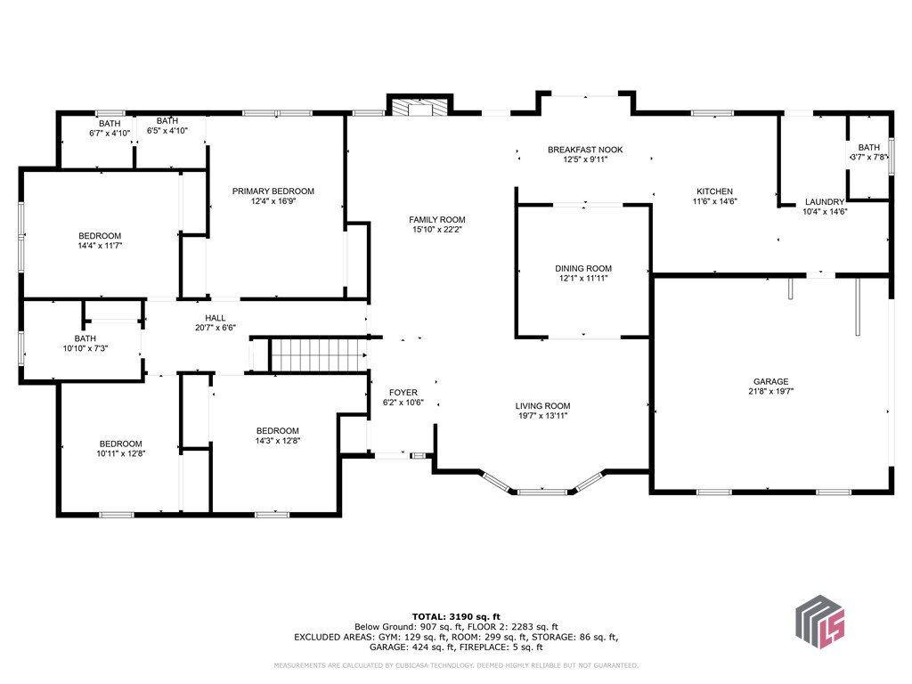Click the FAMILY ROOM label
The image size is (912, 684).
436,220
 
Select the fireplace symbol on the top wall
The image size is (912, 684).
419,108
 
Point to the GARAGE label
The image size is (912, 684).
770,381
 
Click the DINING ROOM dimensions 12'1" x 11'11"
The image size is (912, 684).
583,279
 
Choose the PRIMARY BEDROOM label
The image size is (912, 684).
273,191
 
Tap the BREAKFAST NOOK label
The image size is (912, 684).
585,150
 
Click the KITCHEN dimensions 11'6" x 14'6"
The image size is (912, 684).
714,201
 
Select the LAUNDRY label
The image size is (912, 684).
824,202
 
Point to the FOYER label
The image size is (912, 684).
403,392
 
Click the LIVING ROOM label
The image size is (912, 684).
543,405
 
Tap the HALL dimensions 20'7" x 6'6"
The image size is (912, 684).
216,328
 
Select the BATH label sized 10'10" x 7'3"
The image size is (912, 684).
85,338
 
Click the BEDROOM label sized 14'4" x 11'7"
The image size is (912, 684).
99,236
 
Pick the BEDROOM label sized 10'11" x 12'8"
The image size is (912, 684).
120,444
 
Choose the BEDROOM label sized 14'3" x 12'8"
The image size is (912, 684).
277,430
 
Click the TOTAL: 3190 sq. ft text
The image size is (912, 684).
456,616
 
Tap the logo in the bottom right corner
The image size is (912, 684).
819,619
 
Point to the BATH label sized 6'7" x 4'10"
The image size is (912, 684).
110,124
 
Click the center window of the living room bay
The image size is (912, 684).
542,491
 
